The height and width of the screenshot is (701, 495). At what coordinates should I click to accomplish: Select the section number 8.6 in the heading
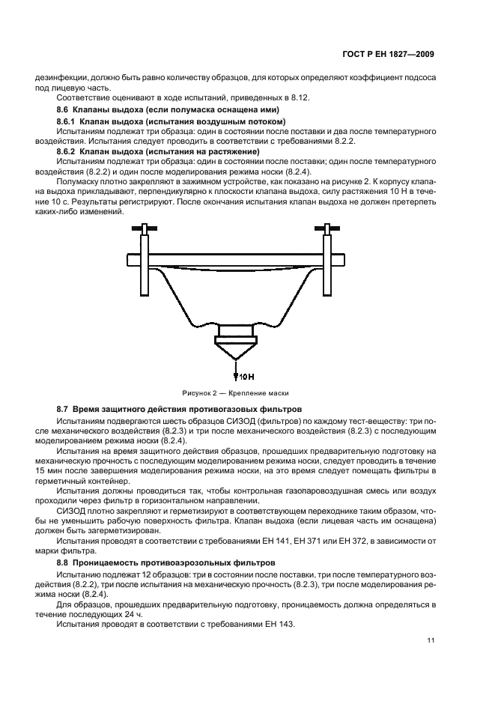64,109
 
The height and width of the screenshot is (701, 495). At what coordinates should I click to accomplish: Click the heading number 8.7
64,410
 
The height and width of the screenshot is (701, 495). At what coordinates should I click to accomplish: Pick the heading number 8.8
64,560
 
